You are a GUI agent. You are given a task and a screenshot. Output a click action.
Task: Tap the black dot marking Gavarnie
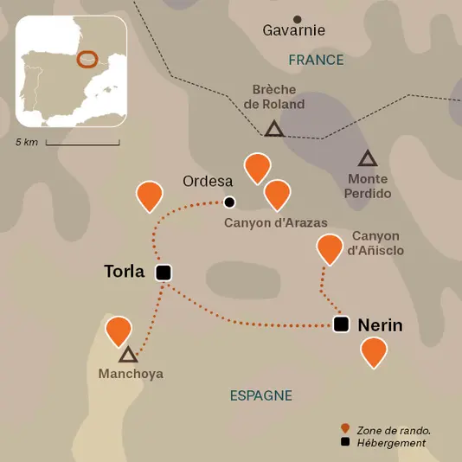(298, 19)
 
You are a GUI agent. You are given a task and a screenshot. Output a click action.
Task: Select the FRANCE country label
(316, 60)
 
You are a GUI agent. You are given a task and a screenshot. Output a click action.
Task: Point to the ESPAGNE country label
(260, 395)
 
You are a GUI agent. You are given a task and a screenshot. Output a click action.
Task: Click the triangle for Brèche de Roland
(274, 130)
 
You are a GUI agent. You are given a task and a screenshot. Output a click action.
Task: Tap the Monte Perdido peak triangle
(368, 159)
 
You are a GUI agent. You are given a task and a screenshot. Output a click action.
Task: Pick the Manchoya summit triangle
(128, 355)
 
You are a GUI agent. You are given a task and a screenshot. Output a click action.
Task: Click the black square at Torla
(163, 273)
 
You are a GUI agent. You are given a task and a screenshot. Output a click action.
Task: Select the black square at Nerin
(342, 324)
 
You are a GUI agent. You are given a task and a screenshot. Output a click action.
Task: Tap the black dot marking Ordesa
(229, 202)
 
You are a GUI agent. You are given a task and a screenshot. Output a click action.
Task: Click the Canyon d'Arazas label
(275, 222)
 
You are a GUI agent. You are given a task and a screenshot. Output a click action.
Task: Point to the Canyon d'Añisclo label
(375, 243)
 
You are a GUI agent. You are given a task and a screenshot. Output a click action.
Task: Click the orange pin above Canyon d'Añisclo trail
(329, 248)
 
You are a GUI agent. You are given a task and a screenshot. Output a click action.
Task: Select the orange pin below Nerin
(373, 351)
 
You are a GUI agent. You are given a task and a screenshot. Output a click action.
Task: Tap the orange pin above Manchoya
(119, 331)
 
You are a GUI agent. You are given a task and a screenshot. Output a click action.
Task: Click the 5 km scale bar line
(81, 141)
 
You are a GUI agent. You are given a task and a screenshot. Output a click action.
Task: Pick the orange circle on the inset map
(87, 59)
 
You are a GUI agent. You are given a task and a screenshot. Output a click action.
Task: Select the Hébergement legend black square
(346, 443)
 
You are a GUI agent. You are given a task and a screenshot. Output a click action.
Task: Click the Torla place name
(124, 272)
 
